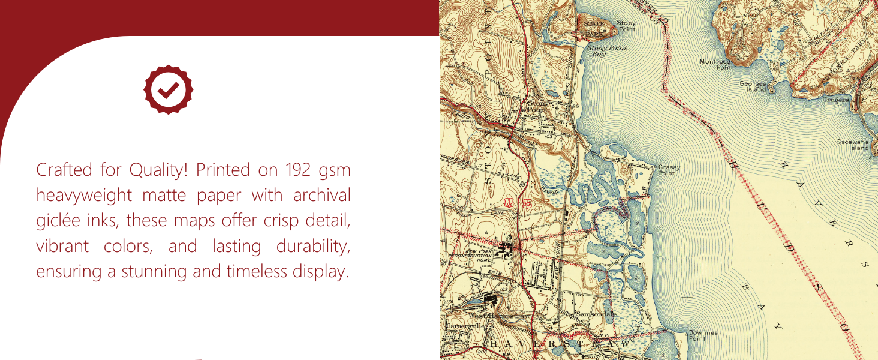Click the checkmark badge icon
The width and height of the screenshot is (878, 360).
[x=169, y=89]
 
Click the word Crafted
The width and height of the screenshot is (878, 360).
[x=58, y=170]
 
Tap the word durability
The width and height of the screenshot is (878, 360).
[x=313, y=247]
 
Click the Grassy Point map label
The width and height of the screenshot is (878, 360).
[x=669, y=170]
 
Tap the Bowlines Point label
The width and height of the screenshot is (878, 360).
[x=703, y=335]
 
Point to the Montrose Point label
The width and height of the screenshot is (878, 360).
[x=716, y=64]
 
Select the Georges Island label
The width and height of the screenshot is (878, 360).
[x=753, y=86]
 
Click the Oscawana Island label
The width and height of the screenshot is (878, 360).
[x=854, y=145]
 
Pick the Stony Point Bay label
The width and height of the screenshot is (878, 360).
[x=606, y=50]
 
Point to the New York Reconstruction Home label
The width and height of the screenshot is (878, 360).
[x=472, y=257]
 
